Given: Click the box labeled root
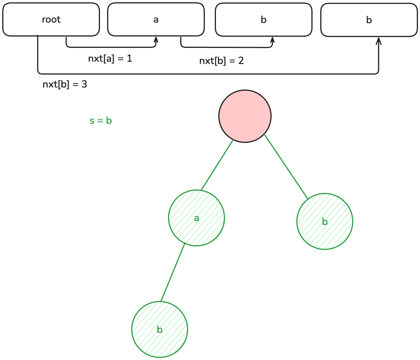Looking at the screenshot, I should point(51,20).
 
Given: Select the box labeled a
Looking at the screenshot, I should point(156,20).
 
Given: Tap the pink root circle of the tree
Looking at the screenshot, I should point(245,116).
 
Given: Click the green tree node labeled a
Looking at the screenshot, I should point(196,218).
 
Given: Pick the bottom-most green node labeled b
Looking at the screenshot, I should point(160,329).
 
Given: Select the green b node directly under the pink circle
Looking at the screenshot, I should point(325,221).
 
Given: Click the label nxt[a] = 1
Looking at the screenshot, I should point(110,59).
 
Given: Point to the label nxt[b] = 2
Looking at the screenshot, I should point(221,61).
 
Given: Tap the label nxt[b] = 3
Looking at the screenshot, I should point(65,84).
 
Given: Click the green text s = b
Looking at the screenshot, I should point(101,121).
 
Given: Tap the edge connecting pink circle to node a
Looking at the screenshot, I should point(217,165).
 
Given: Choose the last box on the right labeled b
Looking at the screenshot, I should point(369,20).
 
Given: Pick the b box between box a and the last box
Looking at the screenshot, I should point(263,20).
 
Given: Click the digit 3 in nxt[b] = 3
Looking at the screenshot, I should point(84,84).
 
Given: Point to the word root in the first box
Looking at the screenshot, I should point(51,20).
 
